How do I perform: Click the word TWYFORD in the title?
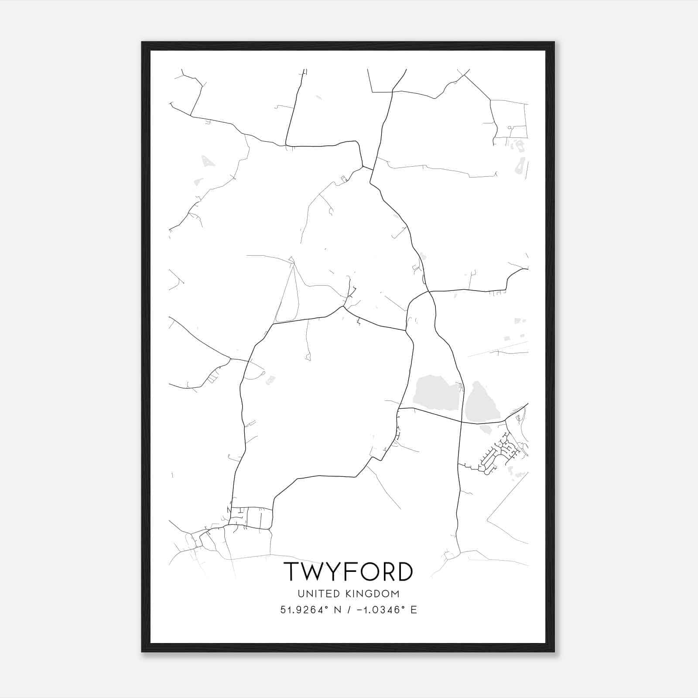[348, 571]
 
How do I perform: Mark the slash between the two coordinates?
[349, 610]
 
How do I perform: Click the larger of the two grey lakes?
[435, 392]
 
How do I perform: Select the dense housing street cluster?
[502, 454]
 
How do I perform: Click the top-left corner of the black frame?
[142, 42]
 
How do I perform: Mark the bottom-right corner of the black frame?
[554, 651]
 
